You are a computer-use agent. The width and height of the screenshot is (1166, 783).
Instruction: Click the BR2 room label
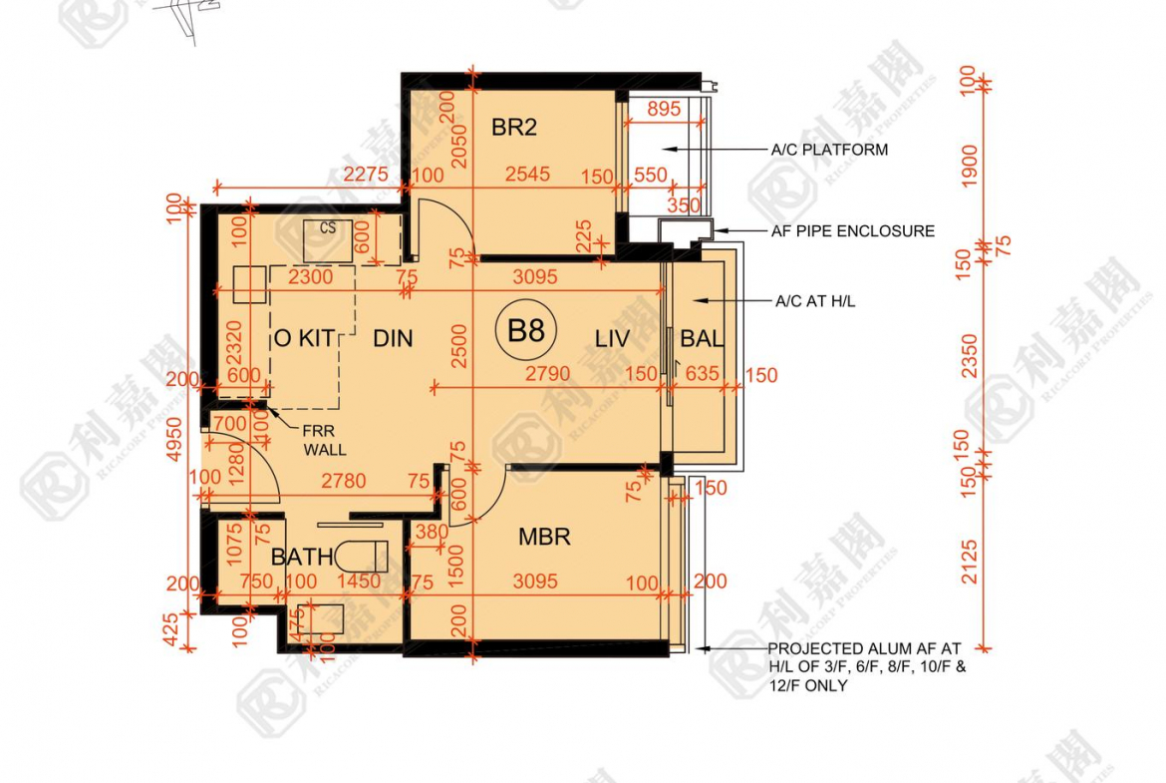(x=514, y=128)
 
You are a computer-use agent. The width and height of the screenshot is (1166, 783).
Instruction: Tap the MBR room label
(x=544, y=538)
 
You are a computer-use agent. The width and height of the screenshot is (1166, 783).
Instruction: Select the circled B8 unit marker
(x=525, y=331)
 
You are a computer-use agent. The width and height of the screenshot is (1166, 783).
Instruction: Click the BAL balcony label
(x=702, y=339)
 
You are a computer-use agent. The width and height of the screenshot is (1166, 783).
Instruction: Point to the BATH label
(x=302, y=557)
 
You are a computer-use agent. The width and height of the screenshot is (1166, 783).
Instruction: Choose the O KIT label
(x=302, y=339)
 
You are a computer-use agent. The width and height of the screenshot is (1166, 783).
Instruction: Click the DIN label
(x=393, y=339)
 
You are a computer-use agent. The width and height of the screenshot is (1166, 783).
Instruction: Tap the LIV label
(x=612, y=339)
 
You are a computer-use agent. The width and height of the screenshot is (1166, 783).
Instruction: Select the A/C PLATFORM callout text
(x=829, y=151)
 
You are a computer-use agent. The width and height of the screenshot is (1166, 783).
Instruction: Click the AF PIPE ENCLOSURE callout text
(x=853, y=231)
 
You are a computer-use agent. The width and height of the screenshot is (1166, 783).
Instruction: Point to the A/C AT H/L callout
(x=815, y=300)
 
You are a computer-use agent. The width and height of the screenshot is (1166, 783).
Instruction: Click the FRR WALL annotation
(x=325, y=442)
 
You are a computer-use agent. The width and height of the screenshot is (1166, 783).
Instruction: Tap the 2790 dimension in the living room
(x=547, y=374)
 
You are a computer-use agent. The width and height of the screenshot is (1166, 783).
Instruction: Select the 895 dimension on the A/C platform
(x=664, y=110)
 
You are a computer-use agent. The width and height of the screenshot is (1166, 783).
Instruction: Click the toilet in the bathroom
(x=361, y=555)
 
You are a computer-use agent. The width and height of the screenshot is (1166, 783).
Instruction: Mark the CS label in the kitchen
(x=328, y=228)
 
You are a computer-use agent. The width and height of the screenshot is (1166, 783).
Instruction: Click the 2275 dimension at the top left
(x=365, y=175)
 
